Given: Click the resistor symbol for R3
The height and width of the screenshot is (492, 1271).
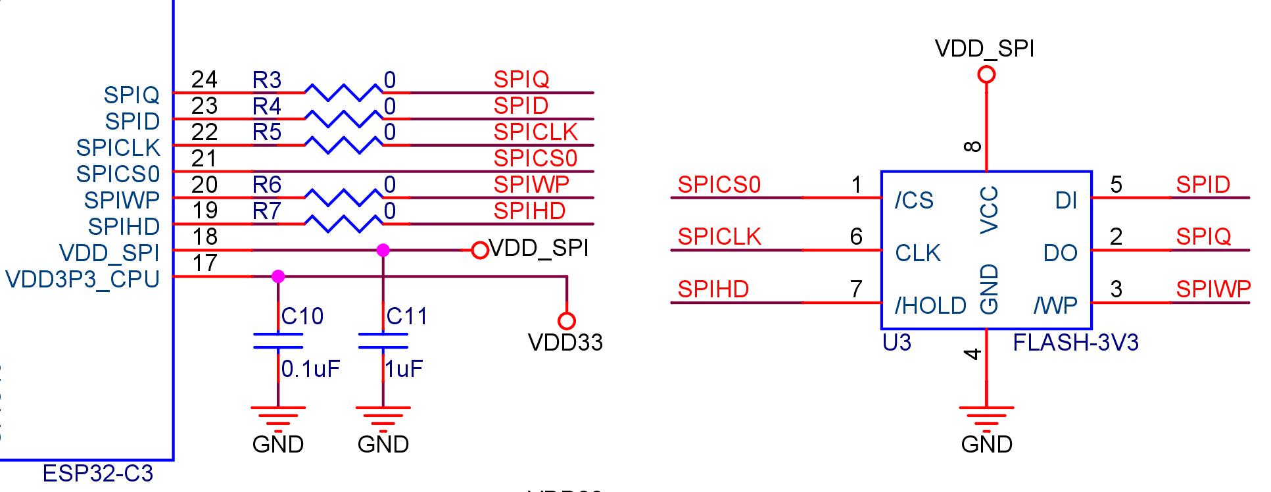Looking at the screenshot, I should (x=343, y=92).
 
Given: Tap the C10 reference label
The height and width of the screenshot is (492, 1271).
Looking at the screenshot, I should (x=302, y=316).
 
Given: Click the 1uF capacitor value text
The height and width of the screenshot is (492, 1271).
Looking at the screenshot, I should (x=403, y=369).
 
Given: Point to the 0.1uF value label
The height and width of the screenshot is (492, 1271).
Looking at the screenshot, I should (x=310, y=369).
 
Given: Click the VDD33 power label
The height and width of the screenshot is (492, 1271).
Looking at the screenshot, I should (x=565, y=343).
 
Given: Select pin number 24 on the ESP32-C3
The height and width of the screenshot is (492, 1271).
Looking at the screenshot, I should (x=204, y=80).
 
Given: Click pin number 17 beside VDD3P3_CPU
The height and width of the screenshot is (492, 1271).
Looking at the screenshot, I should (x=204, y=263).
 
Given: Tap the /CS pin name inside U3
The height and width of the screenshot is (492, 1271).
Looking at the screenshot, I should (x=914, y=200).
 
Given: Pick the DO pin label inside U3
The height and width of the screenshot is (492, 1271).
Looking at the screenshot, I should (x=1060, y=253).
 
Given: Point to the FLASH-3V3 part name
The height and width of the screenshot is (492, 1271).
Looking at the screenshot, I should (x=1076, y=343).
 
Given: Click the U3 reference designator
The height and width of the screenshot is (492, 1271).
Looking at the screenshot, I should (x=897, y=343).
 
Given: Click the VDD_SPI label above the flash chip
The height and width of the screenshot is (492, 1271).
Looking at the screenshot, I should (x=984, y=49).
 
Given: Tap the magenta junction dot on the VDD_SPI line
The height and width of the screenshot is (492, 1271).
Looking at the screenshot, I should (x=383, y=250).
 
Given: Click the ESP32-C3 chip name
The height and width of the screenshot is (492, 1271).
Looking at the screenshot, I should (x=97, y=473).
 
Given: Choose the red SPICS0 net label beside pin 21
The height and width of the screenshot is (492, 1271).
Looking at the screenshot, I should (x=535, y=159).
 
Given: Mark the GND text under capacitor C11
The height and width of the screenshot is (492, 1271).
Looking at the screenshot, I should (x=383, y=445).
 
